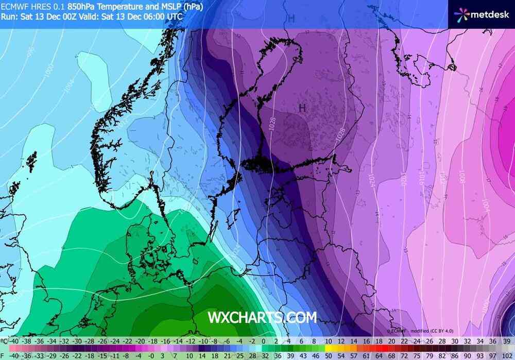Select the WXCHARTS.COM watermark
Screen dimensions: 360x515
pyautogui.click(x=262, y=317)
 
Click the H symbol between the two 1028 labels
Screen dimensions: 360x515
pyautogui.click(x=303, y=108)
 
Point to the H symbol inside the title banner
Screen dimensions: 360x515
pyautogui.click(x=291, y=19)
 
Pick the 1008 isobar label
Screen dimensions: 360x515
pyautogui.click(x=462, y=178)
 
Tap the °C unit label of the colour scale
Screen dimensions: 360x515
pyautogui.click(x=5, y=341)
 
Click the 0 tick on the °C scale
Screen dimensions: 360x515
pyautogui.click(x=264, y=341)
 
